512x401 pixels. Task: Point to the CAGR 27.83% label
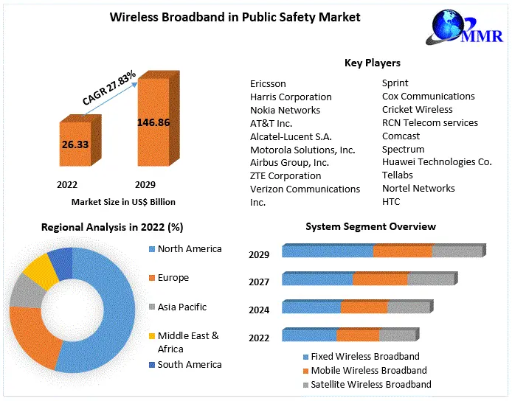point(108,88)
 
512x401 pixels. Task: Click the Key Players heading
point(373,63)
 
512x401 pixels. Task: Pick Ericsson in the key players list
point(268,83)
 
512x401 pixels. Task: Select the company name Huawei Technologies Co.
point(437,161)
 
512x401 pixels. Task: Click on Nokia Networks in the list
point(285,110)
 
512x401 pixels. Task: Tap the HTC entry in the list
point(392,201)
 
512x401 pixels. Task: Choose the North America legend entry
point(189,249)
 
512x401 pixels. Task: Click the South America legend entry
point(189,364)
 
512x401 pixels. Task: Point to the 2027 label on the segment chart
point(259,282)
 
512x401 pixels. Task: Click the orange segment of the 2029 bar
point(403,251)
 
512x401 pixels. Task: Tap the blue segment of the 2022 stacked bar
point(309,335)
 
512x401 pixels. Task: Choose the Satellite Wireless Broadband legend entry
point(370,385)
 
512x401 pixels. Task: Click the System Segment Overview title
point(370,226)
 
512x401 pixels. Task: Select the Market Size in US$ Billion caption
point(123,201)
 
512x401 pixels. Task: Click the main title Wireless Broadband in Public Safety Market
point(235,16)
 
